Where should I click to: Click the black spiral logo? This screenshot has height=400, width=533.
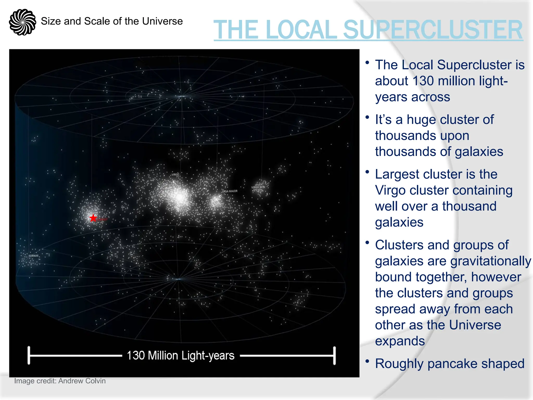click(x=22, y=22)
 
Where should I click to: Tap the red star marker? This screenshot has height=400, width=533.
click(x=93, y=218)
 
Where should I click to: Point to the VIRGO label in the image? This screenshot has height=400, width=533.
click(x=175, y=174)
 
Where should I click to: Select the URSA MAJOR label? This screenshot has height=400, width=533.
click(x=230, y=191)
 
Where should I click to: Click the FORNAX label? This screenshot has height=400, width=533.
click(x=34, y=256)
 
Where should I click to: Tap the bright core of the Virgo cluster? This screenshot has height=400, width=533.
click(x=179, y=197)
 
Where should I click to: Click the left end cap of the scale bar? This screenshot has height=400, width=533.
click(x=29, y=355)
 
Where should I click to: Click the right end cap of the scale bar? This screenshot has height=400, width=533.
click(x=334, y=355)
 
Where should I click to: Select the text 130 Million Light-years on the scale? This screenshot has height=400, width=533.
click(x=181, y=355)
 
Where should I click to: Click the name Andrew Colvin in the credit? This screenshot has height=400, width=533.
click(x=82, y=381)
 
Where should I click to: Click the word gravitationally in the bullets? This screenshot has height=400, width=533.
click(x=491, y=261)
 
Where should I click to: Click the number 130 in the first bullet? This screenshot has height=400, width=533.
click(x=423, y=81)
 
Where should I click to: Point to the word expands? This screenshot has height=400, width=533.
click(x=400, y=341)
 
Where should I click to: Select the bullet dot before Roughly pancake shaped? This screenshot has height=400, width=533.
click(x=367, y=361)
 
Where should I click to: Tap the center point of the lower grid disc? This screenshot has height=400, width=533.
click(x=178, y=279)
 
